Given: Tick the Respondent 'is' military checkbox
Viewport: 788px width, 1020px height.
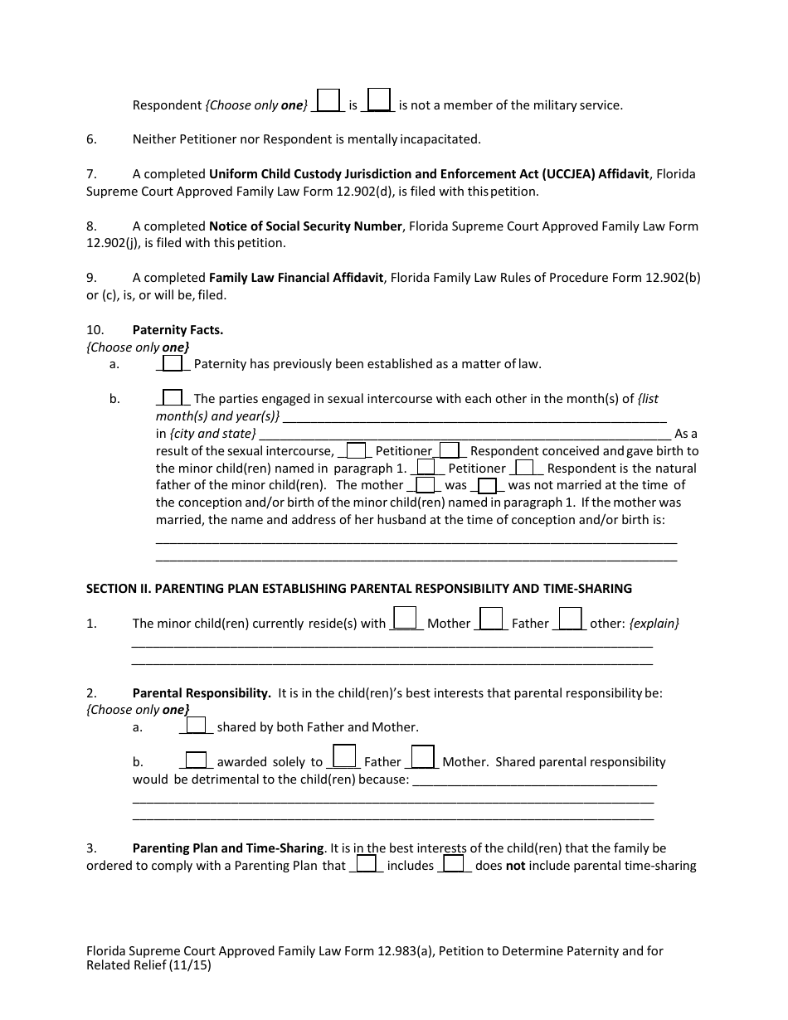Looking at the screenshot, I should point(328,100).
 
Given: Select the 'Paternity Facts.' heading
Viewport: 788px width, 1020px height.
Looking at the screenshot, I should point(178,330).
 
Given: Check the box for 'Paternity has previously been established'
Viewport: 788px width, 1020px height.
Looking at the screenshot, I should point(173,363).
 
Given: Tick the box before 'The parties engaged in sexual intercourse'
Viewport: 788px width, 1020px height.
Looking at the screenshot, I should point(173,397).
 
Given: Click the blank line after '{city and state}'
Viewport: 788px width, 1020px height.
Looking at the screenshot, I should point(465,434).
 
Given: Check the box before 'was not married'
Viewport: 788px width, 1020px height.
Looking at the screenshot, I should point(488,485).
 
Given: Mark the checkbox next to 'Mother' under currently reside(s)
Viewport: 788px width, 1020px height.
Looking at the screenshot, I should point(405,619).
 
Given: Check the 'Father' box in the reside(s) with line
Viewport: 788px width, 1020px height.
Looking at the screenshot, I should point(492,619).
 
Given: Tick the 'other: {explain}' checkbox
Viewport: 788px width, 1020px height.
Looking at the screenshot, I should point(570,619).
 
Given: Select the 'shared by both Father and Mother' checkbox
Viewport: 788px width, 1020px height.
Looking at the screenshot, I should point(196,725).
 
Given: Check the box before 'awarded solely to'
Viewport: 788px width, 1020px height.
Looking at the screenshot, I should point(196,760).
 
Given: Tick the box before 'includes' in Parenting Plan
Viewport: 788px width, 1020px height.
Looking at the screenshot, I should point(367,863).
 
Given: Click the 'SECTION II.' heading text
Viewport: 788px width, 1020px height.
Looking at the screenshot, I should point(119,589).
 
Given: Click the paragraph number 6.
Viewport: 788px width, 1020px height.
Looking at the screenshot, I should point(91,139).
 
